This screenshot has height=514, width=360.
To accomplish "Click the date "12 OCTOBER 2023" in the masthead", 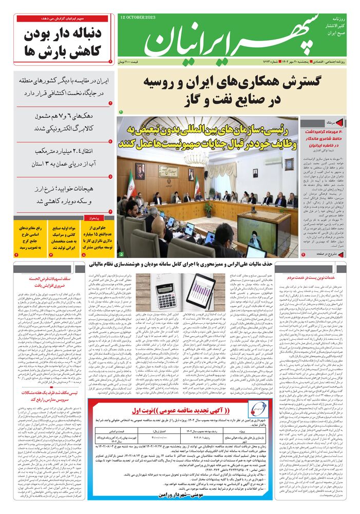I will click(139, 17).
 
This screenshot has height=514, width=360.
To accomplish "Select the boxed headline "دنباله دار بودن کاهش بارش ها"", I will click(64, 43).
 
